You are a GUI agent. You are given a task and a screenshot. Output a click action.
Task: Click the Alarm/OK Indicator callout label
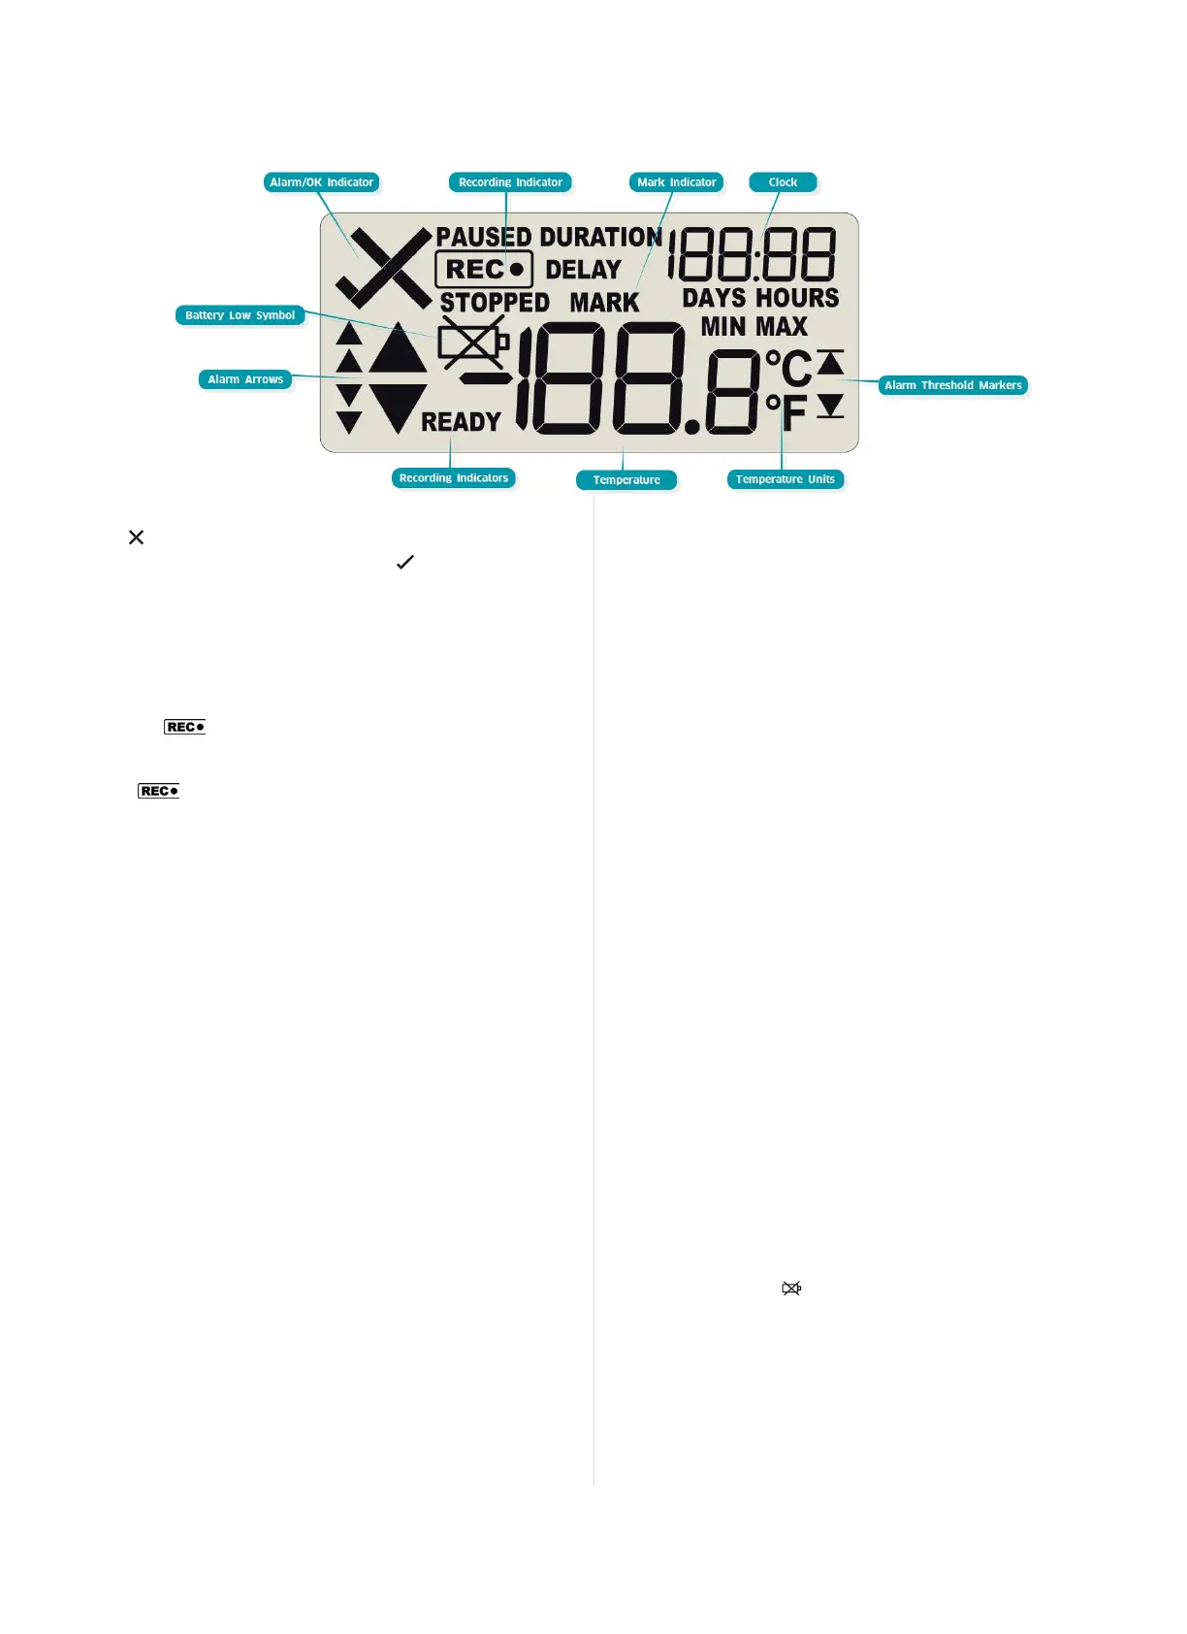321,182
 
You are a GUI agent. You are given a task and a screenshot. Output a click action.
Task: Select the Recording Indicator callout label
510,182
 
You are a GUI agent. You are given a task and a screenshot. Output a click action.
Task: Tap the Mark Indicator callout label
676,182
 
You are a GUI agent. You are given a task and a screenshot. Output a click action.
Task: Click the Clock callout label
783,182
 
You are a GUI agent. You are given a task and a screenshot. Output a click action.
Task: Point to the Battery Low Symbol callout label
240,315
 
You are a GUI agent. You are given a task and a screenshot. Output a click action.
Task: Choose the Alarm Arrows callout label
245,379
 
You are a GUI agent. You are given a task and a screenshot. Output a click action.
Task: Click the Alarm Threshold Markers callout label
952,385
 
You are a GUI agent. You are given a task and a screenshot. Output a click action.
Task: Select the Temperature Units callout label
785,479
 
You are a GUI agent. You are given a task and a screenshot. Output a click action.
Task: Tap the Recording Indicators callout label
453,478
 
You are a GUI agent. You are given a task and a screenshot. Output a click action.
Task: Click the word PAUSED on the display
483,237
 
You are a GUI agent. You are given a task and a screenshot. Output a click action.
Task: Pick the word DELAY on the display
583,270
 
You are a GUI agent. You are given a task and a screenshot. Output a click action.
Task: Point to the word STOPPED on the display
495,303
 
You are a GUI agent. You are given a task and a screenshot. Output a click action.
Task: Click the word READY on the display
461,422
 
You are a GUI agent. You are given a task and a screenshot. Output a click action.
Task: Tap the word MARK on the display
604,303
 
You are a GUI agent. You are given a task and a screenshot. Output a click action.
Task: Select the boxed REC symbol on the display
484,270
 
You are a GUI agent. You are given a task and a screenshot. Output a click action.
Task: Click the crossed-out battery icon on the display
472,342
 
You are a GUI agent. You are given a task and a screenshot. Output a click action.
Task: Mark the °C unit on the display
788,369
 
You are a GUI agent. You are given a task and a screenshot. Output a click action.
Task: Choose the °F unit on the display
786,412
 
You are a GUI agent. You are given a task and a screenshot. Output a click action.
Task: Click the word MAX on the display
782,327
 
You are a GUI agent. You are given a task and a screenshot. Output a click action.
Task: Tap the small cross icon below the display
136,538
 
